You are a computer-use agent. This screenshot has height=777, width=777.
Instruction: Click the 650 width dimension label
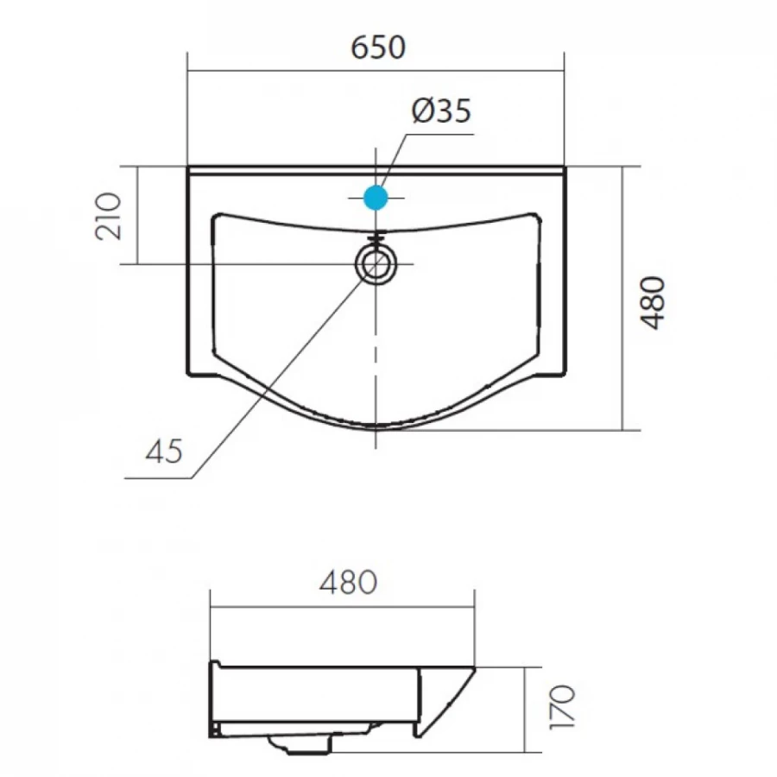[378, 48]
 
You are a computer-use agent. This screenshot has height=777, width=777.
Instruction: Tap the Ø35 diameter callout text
[441, 111]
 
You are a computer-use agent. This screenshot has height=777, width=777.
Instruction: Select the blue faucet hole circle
[376, 197]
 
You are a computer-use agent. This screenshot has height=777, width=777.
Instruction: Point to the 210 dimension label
[108, 216]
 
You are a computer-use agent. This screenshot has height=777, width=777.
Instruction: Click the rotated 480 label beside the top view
[653, 302]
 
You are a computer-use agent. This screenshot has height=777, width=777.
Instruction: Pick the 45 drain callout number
[164, 452]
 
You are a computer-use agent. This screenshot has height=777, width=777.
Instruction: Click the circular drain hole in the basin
[376, 263]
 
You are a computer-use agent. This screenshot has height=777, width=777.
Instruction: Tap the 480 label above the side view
[348, 583]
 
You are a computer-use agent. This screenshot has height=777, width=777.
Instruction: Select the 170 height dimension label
[563, 707]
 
